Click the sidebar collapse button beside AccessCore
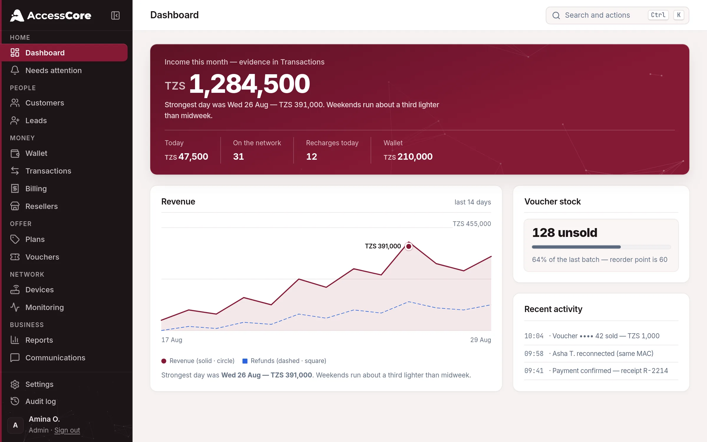115,15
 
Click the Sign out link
67,430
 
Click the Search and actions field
617,15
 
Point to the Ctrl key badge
658,15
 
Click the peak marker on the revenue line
409,246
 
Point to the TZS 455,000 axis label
472,224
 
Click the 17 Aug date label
172,340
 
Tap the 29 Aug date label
480,340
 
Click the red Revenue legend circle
164,361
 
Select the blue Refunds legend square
245,361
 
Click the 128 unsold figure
565,233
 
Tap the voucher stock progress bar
601,247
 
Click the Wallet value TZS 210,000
408,156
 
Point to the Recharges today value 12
312,156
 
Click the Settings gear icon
15,384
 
